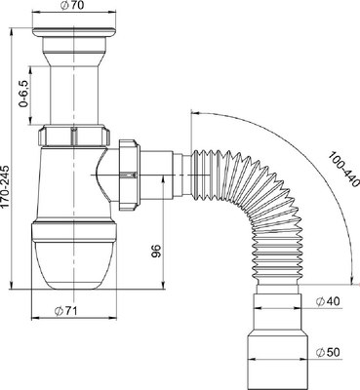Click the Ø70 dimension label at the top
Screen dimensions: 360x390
click(73, 6)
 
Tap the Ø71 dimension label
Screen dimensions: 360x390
click(66, 311)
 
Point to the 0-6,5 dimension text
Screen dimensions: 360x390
click(23, 94)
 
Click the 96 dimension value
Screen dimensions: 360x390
click(156, 251)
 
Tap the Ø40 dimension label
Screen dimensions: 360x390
click(328, 301)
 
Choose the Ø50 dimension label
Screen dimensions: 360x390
click(328, 352)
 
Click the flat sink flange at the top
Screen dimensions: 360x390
click(74, 32)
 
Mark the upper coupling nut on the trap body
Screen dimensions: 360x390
click(74, 136)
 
